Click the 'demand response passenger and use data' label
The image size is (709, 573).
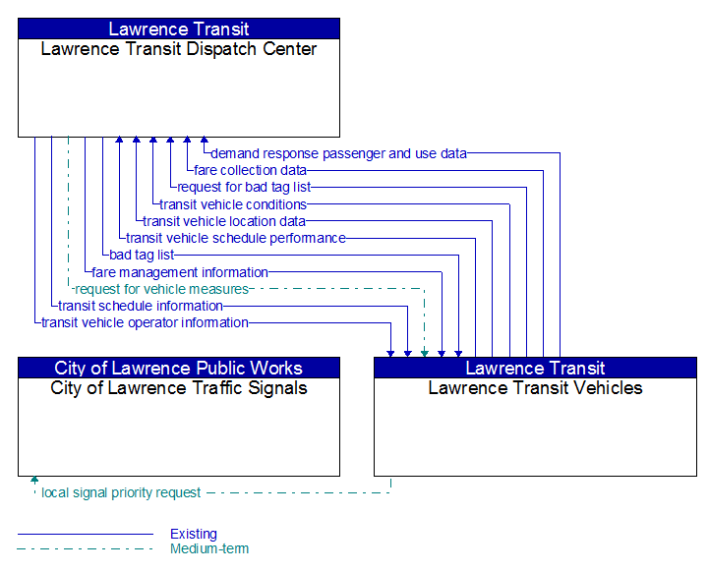point(338,153)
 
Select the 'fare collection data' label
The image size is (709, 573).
point(250,170)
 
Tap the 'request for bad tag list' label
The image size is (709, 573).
point(244,187)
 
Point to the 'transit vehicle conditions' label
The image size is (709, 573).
point(233,204)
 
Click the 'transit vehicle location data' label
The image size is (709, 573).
point(224,221)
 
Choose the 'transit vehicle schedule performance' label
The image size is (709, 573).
point(236,238)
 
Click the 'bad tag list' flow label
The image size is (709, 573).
point(142,255)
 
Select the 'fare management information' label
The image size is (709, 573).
point(180,272)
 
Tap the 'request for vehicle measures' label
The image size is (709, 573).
point(162,289)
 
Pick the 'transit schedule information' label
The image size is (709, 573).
point(141,306)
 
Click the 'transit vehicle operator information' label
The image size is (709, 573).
point(145,322)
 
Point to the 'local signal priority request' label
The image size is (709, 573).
point(121,492)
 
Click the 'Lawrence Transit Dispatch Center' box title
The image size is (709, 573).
point(179,49)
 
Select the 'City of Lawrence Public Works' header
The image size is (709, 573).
point(179,369)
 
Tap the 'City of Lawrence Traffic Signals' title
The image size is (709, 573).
point(179,388)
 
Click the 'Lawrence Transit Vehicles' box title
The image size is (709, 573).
point(535,388)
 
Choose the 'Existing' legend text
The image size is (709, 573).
point(194,534)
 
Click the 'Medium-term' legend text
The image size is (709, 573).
point(209,548)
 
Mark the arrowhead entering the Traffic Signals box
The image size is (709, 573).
point(34,480)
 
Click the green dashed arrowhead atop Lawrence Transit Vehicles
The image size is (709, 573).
point(425,354)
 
